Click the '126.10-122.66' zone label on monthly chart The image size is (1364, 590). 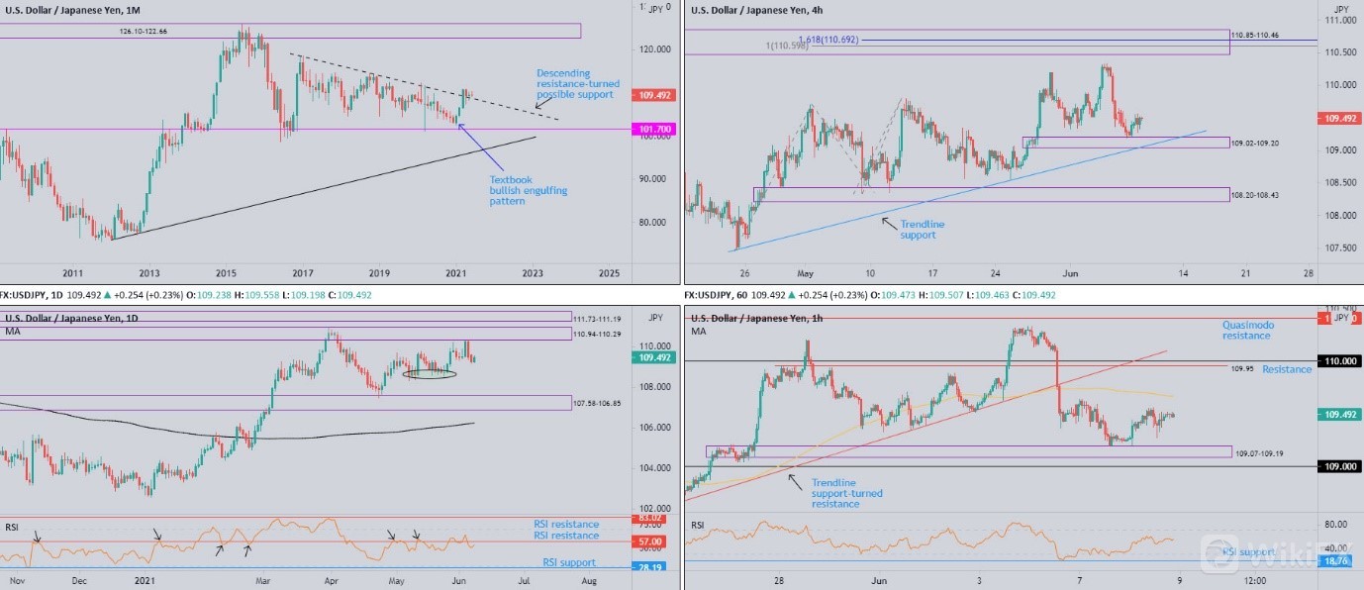[x=143, y=31]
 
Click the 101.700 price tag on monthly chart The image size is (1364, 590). [x=653, y=129]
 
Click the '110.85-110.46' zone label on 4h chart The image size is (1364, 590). [x=1254, y=36]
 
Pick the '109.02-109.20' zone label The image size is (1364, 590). [x=1254, y=144]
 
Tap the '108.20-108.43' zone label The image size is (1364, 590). [x=1254, y=195]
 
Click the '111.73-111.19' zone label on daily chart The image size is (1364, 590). [x=597, y=319]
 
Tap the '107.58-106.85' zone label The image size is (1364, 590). [x=597, y=404]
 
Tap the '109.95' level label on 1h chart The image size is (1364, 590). [x=1243, y=368]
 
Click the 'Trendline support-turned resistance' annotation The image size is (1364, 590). [x=846, y=493]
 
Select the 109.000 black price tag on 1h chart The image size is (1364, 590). [x=1339, y=466]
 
